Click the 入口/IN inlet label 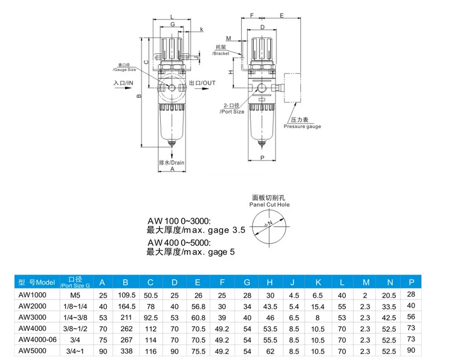(x=123, y=82)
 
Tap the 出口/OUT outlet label (x=202, y=82)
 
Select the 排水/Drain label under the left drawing (x=172, y=162)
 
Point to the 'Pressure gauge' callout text (x=302, y=126)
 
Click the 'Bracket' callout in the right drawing (x=221, y=53)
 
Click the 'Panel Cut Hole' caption (x=269, y=204)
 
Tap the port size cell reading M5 (x=75, y=294)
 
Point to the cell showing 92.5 (x=151, y=317)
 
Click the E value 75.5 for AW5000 (x=197, y=351)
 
